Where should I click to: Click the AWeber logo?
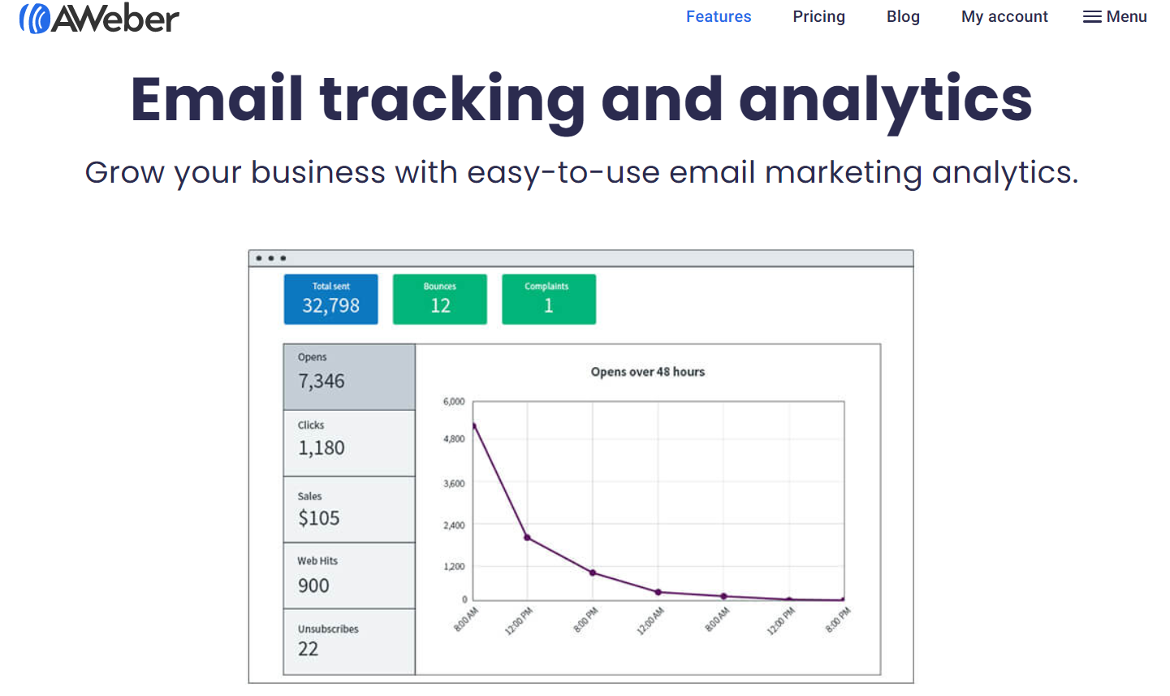point(99,19)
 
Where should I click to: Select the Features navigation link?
point(719,17)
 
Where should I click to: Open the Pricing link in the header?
point(818,17)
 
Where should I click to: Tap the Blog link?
point(903,17)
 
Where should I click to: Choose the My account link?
point(1004,17)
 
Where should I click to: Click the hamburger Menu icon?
point(1092,17)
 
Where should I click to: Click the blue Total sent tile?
point(330,299)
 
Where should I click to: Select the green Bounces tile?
point(440,299)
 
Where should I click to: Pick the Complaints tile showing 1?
point(548,299)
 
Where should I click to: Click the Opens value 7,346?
point(322,381)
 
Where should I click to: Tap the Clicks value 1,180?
point(322,447)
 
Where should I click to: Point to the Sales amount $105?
point(318,518)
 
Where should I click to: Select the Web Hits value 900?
point(313,586)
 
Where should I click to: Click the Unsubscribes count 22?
point(309,649)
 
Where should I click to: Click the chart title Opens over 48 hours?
point(648,371)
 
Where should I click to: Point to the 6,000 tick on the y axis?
point(453,401)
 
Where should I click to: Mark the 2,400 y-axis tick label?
point(453,525)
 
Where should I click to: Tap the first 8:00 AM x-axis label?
point(466,619)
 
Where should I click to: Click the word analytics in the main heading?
point(885,100)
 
